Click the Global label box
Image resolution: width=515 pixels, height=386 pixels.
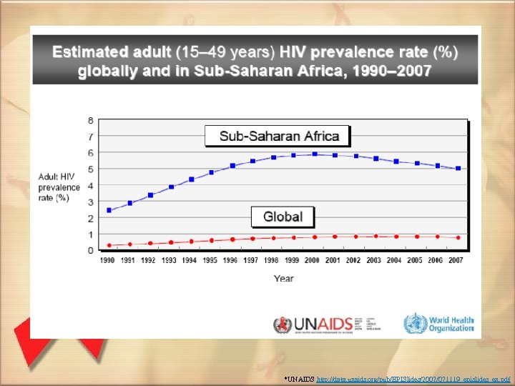283,216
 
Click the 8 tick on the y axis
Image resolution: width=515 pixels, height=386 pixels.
91,120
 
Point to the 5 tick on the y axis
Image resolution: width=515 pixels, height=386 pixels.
91,169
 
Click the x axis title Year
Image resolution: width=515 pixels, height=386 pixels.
283,278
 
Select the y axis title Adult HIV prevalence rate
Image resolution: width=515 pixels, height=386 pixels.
54,187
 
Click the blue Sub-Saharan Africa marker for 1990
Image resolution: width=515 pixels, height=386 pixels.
109,210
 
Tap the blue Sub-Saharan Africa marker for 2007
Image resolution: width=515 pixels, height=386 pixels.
458,169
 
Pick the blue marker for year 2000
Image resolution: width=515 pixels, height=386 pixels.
314,154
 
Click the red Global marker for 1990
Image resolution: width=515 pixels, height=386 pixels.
109,245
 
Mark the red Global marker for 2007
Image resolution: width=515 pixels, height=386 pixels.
458,237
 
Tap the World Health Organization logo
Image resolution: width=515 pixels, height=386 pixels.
438,323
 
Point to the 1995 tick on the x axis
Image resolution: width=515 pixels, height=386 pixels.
211,261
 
